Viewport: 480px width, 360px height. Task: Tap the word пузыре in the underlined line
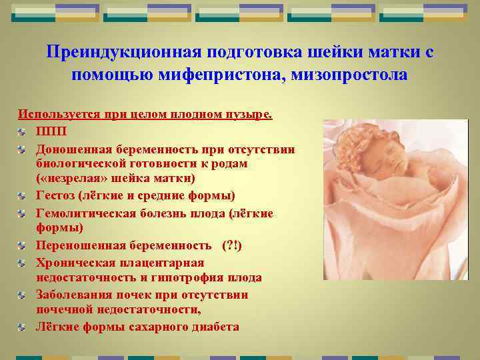click(250, 114)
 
